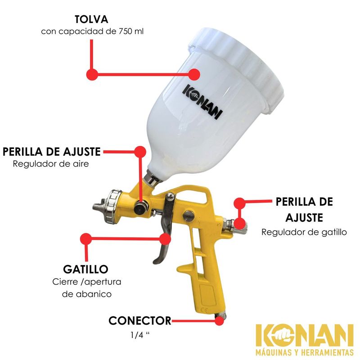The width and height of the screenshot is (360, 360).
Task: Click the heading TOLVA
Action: click(91, 19)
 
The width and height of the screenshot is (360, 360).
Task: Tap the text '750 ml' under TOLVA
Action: click(131, 31)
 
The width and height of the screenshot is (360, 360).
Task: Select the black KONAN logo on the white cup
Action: click(203, 102)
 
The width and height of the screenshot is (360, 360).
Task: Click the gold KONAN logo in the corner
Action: click(305, 336)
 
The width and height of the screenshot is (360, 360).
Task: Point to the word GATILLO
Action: click(85, 269)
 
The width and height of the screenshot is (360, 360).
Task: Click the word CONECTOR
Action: click(140, 321)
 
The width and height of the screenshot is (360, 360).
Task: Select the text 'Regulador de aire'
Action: click(51, 164)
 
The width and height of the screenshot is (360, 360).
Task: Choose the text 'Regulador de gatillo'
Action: click(304, 232)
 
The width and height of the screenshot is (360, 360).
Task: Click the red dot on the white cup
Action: click(194, 74)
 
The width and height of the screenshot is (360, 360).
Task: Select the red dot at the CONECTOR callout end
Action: click(219, 321)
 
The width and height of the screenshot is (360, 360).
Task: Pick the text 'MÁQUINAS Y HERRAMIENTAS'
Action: click(305, 352)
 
